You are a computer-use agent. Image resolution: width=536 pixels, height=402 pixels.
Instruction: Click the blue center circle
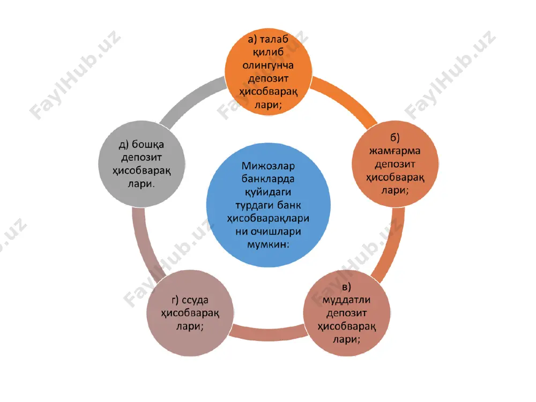269,205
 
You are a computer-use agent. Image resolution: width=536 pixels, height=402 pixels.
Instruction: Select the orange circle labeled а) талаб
269,72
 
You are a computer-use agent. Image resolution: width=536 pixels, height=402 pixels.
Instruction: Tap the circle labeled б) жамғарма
395,163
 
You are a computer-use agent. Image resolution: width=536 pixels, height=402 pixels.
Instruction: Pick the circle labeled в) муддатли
347,313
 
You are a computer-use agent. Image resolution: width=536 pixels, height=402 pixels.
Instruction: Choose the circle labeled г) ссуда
190,313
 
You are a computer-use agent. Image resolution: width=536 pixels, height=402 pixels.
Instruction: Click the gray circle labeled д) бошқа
142,163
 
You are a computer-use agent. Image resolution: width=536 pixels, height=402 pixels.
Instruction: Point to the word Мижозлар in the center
269,166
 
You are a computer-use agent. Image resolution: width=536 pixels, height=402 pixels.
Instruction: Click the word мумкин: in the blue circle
269,244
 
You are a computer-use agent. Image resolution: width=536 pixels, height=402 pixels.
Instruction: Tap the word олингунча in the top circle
269,65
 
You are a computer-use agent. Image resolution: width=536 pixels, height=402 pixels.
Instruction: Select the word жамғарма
395,151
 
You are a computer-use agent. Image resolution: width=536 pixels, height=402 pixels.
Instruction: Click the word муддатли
347,300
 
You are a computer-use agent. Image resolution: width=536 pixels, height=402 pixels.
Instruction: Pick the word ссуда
195,301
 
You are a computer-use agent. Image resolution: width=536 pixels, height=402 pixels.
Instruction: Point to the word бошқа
148,145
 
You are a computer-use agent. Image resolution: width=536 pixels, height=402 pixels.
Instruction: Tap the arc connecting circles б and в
393,243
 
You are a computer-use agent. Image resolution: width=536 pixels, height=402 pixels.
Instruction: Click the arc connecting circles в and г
269,334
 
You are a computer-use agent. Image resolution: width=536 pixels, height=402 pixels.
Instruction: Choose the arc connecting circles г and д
144,243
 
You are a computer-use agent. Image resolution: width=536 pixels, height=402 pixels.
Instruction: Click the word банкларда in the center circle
269,179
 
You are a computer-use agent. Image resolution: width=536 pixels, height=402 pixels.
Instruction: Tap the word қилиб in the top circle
269,53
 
